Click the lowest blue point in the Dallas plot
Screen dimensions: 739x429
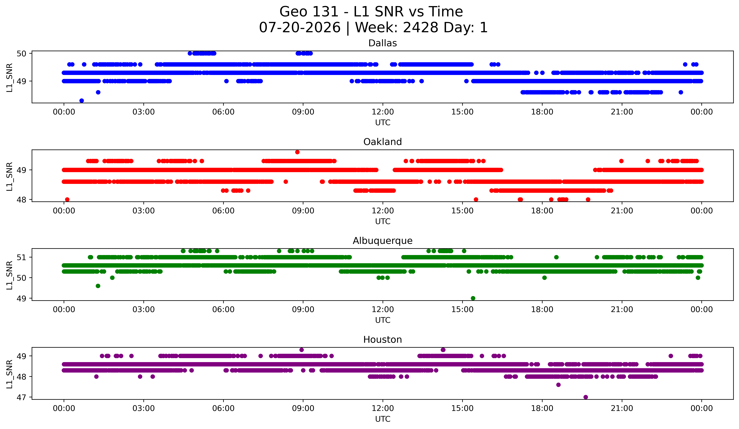click(x=82, y=101)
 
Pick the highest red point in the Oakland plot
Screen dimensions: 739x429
click(x=297, y=152)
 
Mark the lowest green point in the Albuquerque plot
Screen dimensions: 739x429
click(x=473, y=298)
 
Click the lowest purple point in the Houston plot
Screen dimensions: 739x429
click(x=586, y=397)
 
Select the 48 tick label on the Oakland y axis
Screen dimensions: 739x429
click(x=21, y=200)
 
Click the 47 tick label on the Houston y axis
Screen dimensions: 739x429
click(x=21, y=397)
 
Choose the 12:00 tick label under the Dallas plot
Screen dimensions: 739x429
click(x=383, y=112)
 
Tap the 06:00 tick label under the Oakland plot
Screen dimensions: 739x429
click(x=223, y=211)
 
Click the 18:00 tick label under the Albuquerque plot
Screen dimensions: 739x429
click(x=542, y=310)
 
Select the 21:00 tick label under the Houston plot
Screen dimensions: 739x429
click(x=622, y=408)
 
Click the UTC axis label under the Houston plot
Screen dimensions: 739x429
click(x=383, y=419)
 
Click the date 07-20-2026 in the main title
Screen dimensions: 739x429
click(x=300, y=28)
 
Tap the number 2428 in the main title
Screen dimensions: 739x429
click(x=420, y=28)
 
